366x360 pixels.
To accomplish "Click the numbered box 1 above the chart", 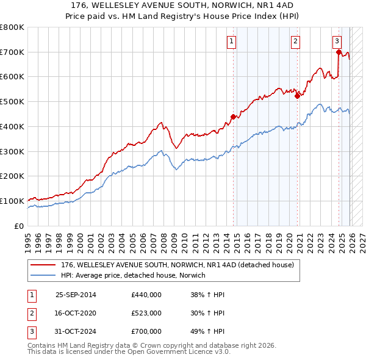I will (x=232, y=41).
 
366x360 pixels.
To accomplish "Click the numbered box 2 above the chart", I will (x=295, y=41).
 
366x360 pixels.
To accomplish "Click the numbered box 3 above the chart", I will (x=337, y=41).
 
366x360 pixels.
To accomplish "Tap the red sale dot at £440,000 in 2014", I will (x=233, y=117).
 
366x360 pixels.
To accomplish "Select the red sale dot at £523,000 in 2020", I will (x=297, y=96).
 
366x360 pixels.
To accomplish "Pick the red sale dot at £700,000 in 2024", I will (x=339, y=52).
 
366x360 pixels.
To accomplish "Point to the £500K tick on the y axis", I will (x=12, y=102).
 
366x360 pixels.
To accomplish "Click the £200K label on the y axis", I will (x=12, y=176).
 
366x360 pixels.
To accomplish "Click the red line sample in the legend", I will (x=43, y=265).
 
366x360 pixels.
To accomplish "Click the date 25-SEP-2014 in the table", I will (x=76, y=295).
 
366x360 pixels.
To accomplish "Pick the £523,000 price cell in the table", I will (x=146, y=313).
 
